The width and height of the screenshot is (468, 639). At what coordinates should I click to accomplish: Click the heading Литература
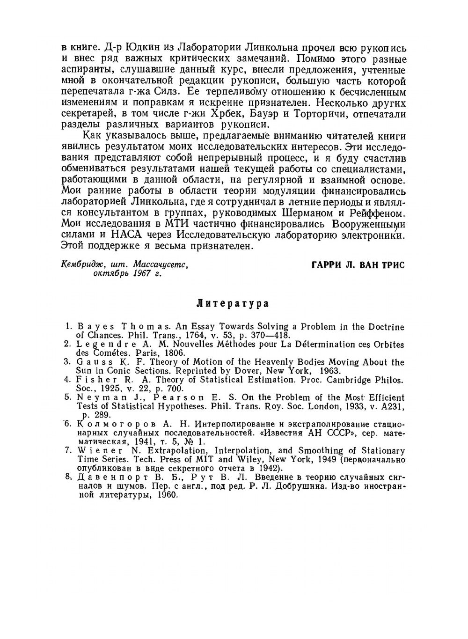pyautogui.click(x=232, y=304)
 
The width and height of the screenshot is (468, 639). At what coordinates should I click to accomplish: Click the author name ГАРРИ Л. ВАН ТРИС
pyautogui.click(x=358, y=265)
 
